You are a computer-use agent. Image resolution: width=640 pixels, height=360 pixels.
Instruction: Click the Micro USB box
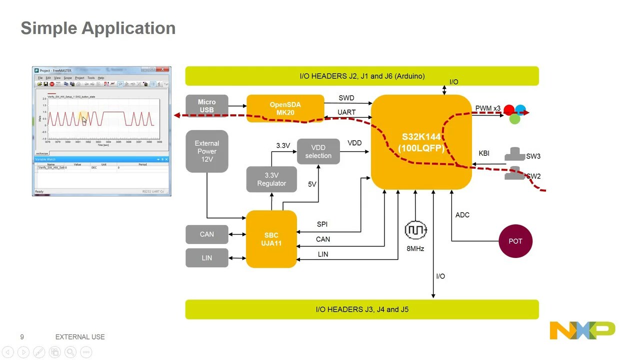(206, 106)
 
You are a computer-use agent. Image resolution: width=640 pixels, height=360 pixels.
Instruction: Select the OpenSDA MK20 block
(285, 108)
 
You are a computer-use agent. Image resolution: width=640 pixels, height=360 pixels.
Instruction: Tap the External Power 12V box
(206, 151)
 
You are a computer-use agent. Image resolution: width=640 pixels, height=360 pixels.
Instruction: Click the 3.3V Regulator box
(271, 179)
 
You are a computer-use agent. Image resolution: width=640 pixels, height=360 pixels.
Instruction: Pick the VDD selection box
(318, 151)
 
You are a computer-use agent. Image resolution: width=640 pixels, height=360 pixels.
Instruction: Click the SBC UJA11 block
(271, 239)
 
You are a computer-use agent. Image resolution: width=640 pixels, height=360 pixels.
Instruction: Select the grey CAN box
(206, 234)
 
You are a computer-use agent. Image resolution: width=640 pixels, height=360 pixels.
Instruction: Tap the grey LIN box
(206, 257)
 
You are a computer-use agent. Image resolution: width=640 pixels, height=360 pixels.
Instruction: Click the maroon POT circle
(515, 241)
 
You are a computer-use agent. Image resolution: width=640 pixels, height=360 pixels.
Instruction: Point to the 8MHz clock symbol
(415, 230)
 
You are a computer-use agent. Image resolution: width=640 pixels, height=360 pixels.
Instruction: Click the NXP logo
(582, 330)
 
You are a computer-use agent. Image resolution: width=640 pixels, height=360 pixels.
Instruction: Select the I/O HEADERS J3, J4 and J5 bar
(362, 309)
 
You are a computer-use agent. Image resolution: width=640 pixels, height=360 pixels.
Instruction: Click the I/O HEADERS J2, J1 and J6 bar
(362, 76)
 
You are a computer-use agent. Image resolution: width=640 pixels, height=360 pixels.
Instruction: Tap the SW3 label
(533, 156)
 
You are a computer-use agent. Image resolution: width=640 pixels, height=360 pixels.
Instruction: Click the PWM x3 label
(487, 108)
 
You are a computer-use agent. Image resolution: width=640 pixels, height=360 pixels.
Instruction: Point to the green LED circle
(514, 119)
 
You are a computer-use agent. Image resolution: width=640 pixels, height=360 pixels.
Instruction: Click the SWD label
(346, 98)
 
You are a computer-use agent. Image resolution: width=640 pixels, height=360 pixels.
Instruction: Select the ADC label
(462, 215)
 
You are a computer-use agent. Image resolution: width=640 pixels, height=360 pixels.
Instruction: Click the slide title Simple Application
(98, 28)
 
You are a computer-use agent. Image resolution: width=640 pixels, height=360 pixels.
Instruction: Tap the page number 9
(22, 337)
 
